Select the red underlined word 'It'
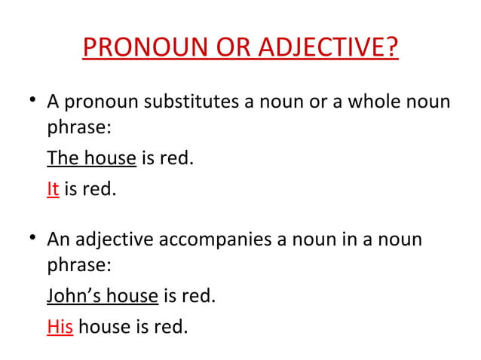[53, 189]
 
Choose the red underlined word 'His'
[60, 327]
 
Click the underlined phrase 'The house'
[91, 159]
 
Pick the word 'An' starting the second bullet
[59, 240]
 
